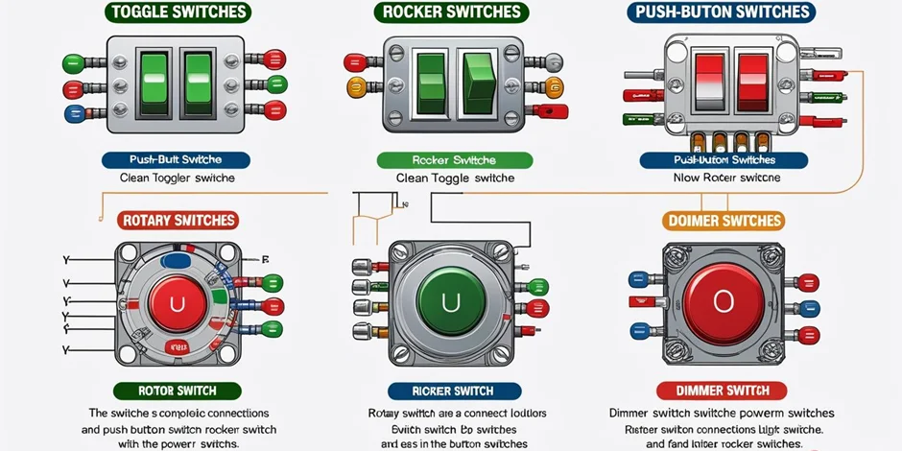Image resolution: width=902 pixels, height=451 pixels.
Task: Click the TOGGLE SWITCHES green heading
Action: (178, 12)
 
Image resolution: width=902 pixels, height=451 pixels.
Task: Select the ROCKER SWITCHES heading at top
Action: (450, 12)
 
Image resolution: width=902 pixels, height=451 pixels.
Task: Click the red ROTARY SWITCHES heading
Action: (178, 220)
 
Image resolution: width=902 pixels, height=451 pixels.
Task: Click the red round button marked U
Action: (177, 305)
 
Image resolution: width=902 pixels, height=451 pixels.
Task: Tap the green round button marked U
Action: (450, 303)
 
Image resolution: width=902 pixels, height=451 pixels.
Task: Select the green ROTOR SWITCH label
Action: (178, 391)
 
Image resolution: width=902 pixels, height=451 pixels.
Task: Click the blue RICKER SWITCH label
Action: (454, 391)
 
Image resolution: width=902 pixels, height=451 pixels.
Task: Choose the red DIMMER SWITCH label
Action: (722, 391)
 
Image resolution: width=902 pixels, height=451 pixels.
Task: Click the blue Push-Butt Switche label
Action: (177, 160)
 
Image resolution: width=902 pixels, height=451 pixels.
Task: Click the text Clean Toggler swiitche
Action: (177, 178)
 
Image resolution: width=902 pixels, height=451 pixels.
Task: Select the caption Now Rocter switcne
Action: (726, 178)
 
